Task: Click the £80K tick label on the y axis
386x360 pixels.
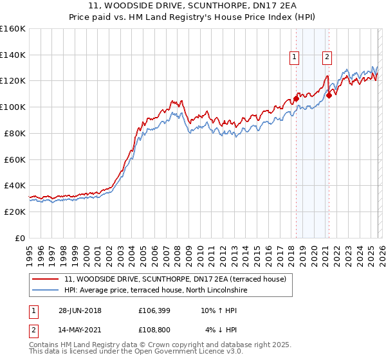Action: coord(13,133)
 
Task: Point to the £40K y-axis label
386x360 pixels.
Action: coord(13,185)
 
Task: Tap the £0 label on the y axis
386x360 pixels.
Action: coord(19,238)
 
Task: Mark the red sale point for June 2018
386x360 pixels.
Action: coord(296,98)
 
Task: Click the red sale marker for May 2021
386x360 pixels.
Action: coord(329,95)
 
